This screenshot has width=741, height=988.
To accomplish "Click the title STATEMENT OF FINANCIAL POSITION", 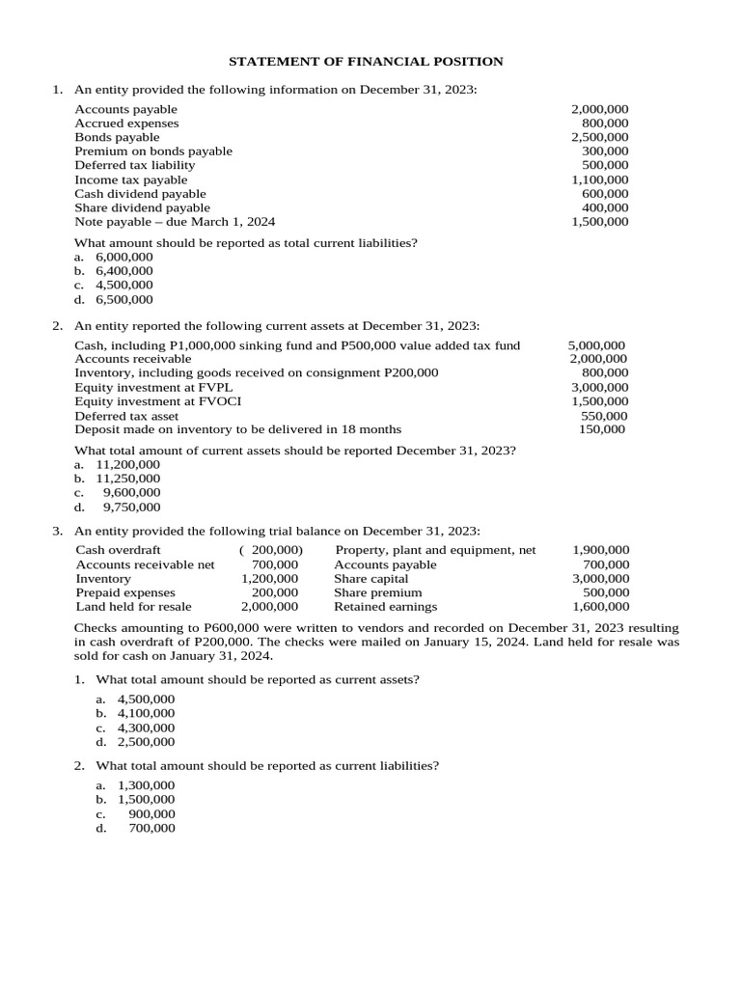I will [366, 62].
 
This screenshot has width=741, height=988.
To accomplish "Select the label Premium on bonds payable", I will [153, 151].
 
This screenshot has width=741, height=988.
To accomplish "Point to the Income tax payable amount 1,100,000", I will [599, 179].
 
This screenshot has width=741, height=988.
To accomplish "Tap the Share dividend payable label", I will [142, 207].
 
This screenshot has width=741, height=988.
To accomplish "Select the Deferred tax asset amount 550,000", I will [604, 416].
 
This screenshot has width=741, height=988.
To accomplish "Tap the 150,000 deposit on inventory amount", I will [602, 429].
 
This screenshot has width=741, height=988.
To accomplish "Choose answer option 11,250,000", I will [127, 479].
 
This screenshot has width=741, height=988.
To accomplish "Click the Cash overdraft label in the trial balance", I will [119, 550].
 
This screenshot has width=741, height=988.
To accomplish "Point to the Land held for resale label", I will [133, 607].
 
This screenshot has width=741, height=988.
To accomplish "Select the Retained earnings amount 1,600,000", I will [600, 607].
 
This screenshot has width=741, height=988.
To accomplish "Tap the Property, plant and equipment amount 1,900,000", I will [600, 550].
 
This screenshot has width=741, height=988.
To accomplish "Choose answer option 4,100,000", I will [146, 714].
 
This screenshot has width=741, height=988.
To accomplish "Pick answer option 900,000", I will [151, 814].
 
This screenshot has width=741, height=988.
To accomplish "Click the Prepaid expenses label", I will [125, 592].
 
